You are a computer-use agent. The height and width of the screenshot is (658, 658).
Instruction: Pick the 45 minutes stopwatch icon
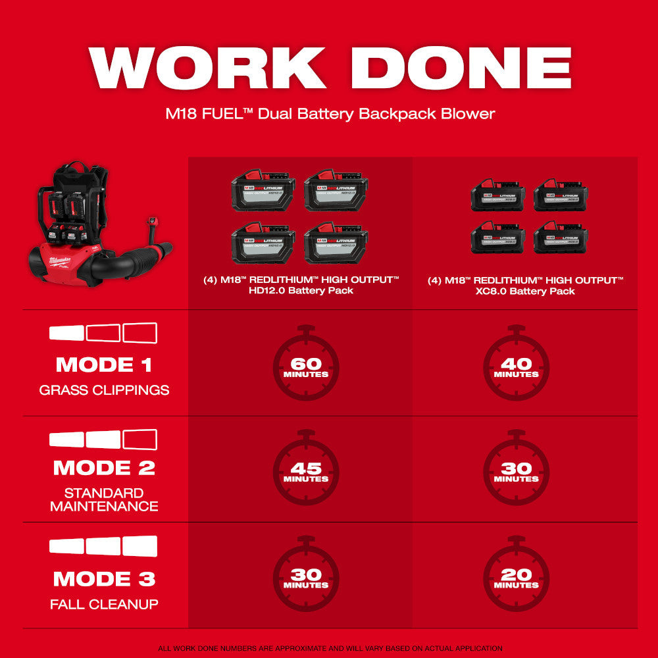point(306,471)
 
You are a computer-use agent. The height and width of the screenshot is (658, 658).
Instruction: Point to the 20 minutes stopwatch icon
point(517,577)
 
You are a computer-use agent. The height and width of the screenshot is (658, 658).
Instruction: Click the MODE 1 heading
point(104,365)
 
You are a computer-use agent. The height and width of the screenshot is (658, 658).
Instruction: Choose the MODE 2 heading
point(104,468)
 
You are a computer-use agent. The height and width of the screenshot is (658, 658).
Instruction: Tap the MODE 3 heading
point(104,579)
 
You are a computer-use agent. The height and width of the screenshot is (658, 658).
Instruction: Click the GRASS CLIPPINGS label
point(104,390)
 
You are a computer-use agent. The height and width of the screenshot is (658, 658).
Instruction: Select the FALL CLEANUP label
point(104,604)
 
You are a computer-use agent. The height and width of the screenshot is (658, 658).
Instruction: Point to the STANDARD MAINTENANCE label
point(104,499)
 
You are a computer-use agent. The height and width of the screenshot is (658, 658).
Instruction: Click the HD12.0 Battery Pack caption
point(301,286)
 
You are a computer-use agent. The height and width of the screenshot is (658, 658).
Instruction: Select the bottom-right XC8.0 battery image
point(561,238)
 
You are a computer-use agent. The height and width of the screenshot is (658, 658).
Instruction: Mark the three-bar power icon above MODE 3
point(104,546)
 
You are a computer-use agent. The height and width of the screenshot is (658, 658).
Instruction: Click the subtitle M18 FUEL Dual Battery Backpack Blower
point(329,113)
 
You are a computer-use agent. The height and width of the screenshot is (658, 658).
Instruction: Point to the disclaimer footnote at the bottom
point(329,648)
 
